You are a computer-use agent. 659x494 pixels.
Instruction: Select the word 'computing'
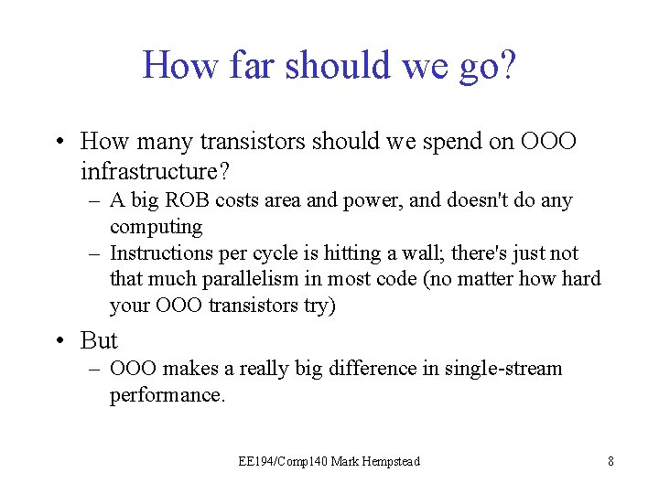(x=156, y=226)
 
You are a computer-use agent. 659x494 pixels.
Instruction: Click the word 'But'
(x=99, y=340)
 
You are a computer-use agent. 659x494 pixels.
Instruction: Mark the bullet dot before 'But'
(x=59, y=341)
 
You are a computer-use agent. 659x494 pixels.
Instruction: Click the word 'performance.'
(x=167, y=394)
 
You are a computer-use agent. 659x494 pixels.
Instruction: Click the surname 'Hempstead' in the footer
(x=389, y=461)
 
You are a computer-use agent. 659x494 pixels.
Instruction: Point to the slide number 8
(x=610, y=461)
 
